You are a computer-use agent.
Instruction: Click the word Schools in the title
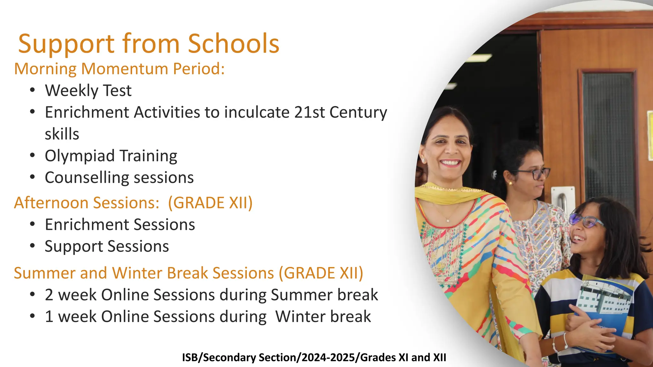(233, 44)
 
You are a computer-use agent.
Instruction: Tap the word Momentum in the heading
(124, 69)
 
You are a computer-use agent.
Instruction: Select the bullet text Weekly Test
(88, 91)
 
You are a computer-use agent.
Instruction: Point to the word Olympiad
(79, 156)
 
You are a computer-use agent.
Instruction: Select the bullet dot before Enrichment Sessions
(32, 224)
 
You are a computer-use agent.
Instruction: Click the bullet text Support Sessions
(107, 247)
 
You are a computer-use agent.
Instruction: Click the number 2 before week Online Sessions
(49, 295)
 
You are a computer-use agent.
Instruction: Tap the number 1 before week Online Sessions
(49, 317)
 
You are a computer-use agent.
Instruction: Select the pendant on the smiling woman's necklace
(448, 220)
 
